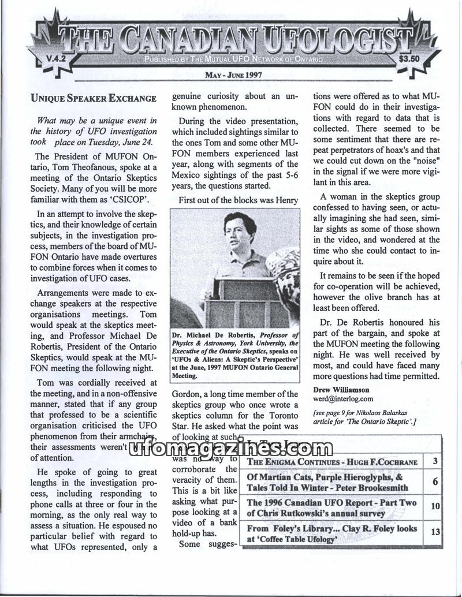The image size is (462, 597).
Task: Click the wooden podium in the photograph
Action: pos(247,300)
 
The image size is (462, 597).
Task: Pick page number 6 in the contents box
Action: pos(434,482)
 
